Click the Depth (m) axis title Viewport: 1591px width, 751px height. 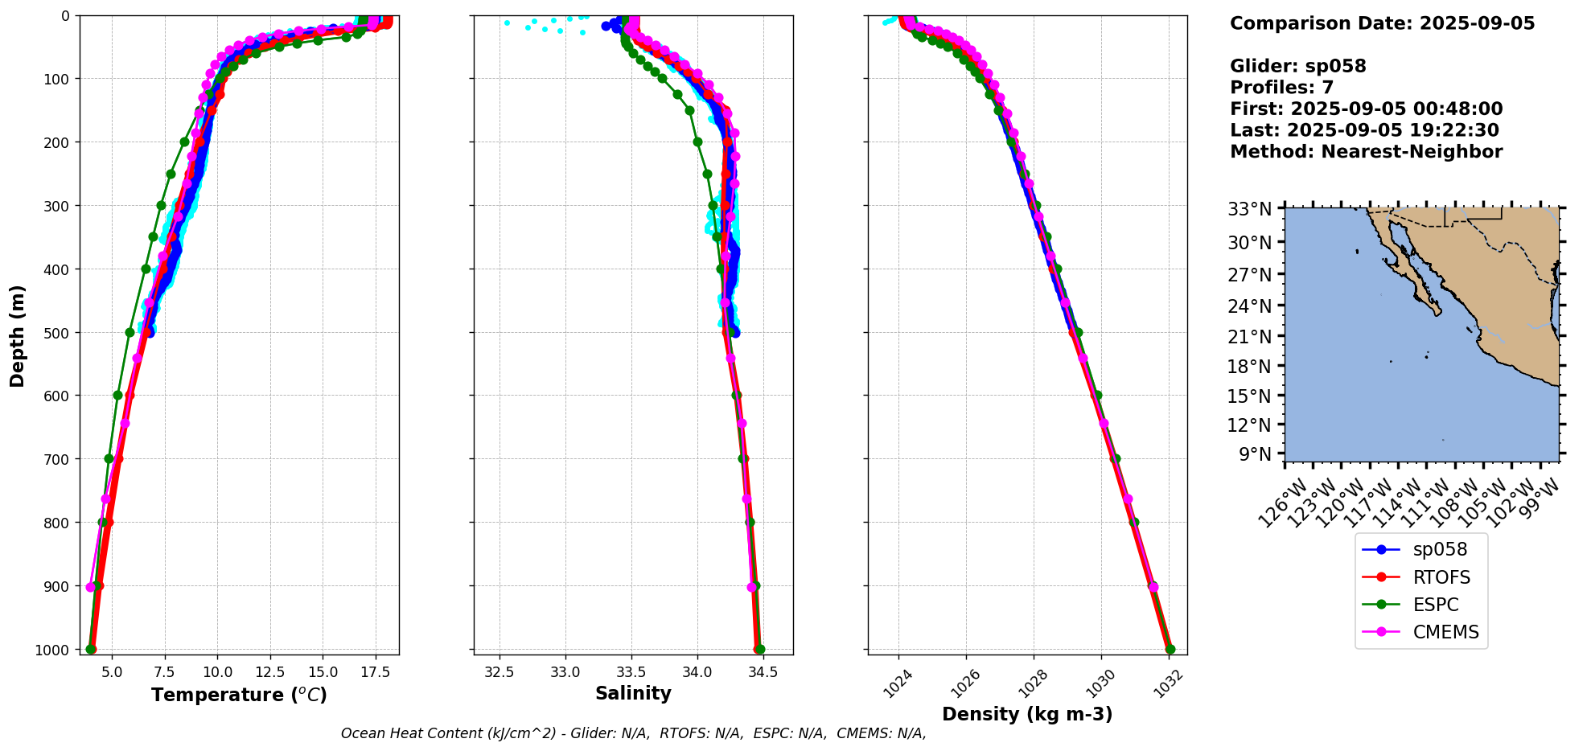click(17, 335)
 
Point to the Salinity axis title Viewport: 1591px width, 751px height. click(633, 693)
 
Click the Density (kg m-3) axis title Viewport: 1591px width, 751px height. click(1027, 714)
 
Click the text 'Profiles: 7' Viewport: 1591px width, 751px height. click(1281, 88)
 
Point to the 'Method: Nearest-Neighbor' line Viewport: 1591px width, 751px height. click(1366, 152)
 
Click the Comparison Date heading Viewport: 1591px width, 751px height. click(1382, 23)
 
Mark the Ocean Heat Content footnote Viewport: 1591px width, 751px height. click(633, 733)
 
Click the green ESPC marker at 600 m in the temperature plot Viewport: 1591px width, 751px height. click(117, 395)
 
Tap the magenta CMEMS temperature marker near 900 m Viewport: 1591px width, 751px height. click(90, 587)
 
